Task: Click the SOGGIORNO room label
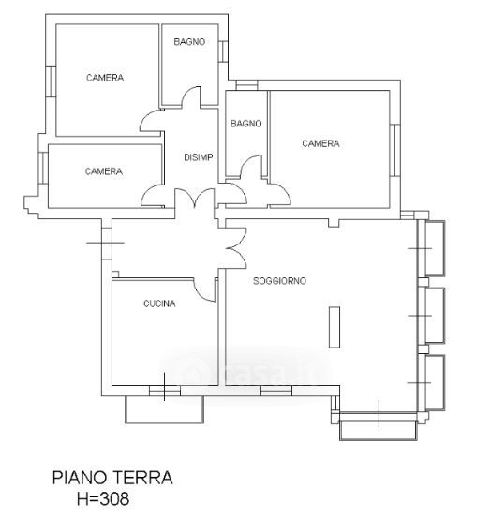(x=279, y=281)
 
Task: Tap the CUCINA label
(x=159, y=303)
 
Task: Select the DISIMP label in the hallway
(x=199, y=157)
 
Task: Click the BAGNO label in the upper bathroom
(x=189, y=41)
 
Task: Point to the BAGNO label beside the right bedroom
(x=245, y=124)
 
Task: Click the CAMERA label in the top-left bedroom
(x=105, y=78)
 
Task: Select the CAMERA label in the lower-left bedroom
(x=104, y=171)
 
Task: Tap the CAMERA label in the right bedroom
(x=320, y=143)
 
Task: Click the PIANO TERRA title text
(x=112, y=478)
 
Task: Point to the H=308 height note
(x=103, y=498)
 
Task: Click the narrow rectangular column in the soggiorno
(x=335, y=327)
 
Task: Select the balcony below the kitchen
(x=164, y=409)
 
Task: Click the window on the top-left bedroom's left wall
(x=51, y=81)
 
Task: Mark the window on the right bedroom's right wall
(x=395, y=150)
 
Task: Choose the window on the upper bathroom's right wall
(x=223, y=52)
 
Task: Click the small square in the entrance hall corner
(x=115, y=274)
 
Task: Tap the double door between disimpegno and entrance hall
(x=194, y=198)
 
